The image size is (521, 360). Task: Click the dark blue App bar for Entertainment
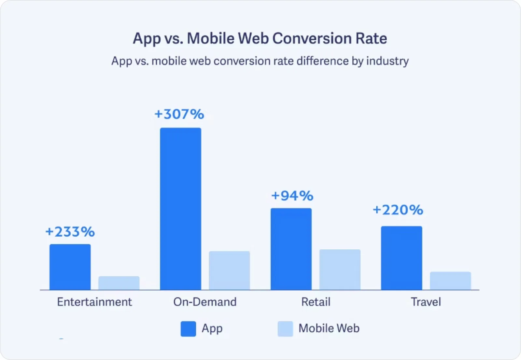pos(70,267)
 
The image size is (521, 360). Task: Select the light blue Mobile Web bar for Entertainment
pos(119,283)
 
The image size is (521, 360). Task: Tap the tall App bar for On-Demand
pos(180,209)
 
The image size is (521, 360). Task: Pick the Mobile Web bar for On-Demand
pos(229,270)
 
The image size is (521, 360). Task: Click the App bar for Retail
pos(291,249)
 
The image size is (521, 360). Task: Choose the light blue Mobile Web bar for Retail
pos(340,270)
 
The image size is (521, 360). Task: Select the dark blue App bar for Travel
pos(401,258)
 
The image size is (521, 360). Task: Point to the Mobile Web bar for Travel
pos(450,281)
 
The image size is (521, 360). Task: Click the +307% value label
pos(179,114)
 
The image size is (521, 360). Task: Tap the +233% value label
pos(70,232)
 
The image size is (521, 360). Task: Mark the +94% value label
pos(292,196)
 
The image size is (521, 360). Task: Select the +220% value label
pos(398,210)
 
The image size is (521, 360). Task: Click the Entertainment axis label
pos(94,302)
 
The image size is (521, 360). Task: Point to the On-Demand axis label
pos(205,302)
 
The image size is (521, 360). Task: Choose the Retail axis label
pos(316,302)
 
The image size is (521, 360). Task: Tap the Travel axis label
pos(426,302)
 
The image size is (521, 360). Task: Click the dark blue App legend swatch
pos(188,329)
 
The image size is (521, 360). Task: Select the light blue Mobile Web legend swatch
pos(285,329)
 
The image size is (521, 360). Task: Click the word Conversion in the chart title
pos(312,38)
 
